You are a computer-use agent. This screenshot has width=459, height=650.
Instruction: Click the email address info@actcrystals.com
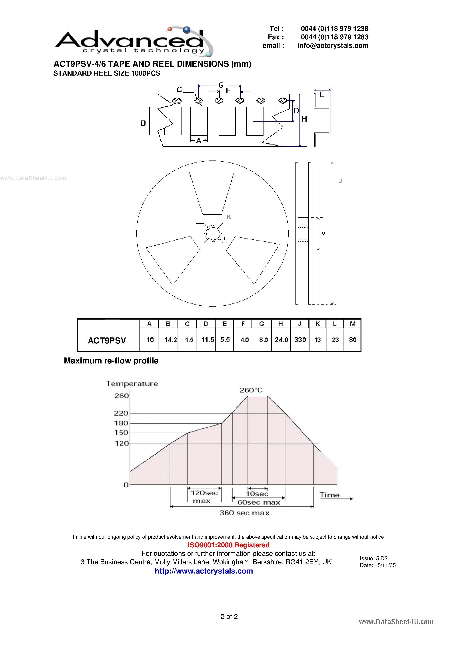[333, 46]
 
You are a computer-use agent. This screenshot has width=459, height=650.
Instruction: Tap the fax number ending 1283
[335, 37]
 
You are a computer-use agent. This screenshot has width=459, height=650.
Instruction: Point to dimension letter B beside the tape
[143, 123]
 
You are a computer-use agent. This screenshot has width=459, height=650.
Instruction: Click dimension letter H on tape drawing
[304, 119]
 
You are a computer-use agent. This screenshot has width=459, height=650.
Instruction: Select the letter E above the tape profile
[322, 94]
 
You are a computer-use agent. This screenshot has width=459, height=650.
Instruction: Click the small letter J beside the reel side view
[340, 181]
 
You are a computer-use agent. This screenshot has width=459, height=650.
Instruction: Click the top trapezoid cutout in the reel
[212, 193]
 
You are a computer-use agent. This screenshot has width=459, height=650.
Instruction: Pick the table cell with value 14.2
[171, 340]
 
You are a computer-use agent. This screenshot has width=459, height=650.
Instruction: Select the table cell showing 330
[300, 340]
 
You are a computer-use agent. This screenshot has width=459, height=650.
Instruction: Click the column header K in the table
[317, 324]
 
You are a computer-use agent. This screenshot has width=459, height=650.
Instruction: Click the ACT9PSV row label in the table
[107, 340]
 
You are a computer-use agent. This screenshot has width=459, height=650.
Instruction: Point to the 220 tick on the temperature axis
[121, 413]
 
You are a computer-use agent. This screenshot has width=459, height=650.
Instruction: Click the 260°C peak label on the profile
[251, 390]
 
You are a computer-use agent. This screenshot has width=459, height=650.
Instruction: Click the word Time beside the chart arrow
[329, 495]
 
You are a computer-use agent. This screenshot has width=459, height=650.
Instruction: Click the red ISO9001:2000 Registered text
[228, 545]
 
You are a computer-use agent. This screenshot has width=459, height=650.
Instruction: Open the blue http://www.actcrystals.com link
[204, 571]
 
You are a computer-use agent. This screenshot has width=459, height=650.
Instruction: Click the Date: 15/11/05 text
[377, 565]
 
